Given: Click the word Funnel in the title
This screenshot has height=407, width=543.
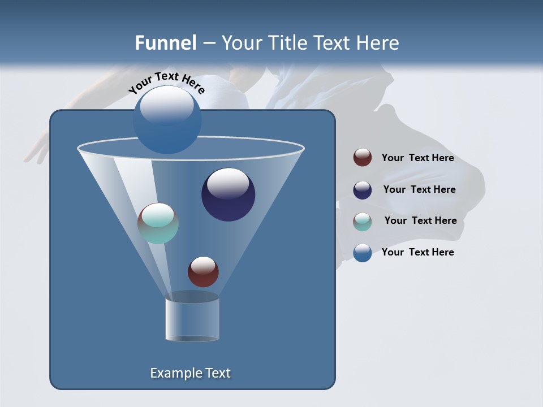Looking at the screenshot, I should [x=165, y=43].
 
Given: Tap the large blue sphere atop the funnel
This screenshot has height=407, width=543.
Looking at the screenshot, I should [x=167, y=119].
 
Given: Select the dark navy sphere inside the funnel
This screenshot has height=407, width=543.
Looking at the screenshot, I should [x=228, y=194].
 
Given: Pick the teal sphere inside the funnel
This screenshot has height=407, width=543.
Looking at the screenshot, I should [x=158, y=223].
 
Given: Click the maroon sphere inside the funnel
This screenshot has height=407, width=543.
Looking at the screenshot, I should [x=203, y=272].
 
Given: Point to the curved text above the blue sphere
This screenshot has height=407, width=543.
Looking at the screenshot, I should [x=166, y=81].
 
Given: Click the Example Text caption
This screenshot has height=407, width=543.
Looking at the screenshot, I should [x=190, y=373].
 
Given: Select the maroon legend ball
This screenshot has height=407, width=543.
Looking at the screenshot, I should [x=363, y=158].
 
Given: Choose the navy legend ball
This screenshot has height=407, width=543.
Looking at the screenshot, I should [x=363, y=190].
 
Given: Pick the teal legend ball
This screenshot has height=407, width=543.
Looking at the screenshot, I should [x=363, y=222].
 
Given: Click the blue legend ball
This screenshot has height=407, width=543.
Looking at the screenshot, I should [x=363, y=253].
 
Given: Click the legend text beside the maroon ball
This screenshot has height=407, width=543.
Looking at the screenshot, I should [x=417, y=158].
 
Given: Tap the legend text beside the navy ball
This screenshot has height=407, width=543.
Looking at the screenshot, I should [x=419, y=190].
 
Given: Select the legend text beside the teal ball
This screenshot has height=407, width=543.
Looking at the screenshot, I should [x=420, y=221].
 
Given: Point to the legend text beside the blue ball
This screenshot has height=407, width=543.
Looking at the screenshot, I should [x=417, y=252].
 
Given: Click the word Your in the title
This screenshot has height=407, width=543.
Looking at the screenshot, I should [x=242, y=43].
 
